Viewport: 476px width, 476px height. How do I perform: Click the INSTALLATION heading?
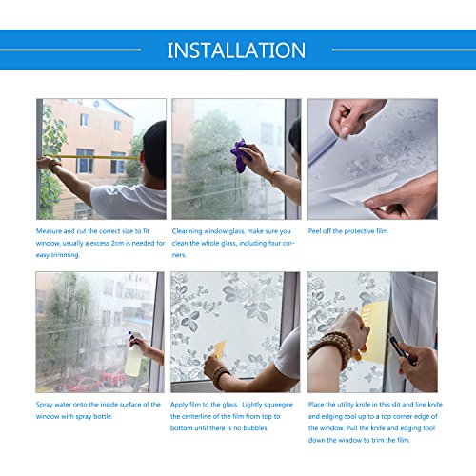[236, 50]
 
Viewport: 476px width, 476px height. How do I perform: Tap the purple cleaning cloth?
[240, 155]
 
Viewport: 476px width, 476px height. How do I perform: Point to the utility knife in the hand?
[402, 350]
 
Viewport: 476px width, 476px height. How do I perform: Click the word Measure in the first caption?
[49, 231]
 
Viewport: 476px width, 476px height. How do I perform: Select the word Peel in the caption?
[314, 231]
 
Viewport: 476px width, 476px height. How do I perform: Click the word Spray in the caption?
[44, 405]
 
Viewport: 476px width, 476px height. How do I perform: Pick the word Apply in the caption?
[179, 405]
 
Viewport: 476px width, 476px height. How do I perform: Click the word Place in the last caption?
[316, 405]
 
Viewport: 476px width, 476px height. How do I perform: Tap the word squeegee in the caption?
[278, 406]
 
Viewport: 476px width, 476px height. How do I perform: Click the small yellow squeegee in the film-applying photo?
[220, 349]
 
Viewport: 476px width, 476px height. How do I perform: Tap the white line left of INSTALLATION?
[70, 50]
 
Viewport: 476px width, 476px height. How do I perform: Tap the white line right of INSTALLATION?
[404, 50]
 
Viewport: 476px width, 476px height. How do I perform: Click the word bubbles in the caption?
[255, 428]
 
